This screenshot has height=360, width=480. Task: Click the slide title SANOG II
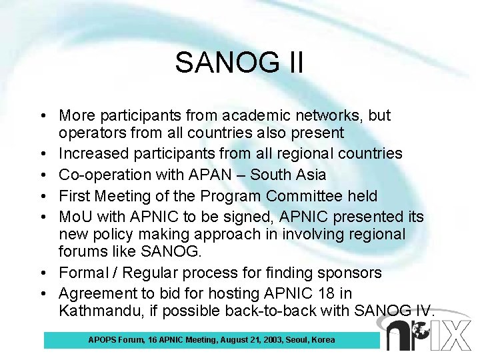point(239,63)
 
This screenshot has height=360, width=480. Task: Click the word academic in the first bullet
point(273,115)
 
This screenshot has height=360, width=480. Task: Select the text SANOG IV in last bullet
point(395,311)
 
